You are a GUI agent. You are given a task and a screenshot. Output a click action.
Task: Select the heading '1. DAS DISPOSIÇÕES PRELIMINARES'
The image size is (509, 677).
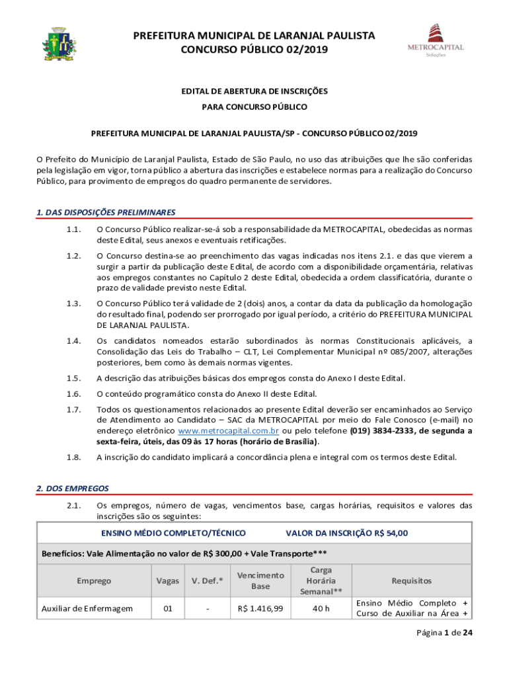[x=105, y=212]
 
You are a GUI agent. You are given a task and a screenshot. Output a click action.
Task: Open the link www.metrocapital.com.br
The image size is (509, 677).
[x=217, y=431]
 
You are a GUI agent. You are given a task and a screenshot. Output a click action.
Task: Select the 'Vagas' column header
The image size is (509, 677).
[x=167, y=580]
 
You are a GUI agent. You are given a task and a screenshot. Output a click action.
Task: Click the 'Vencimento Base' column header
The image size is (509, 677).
[x=260, y=580]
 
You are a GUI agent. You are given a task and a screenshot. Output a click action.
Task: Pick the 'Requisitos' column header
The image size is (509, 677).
[x=411, y=580]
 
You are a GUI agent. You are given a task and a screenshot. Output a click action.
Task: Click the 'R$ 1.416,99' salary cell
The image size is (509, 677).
[x=260, y=608]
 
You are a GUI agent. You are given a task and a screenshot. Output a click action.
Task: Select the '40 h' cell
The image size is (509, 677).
[x=321, y=608]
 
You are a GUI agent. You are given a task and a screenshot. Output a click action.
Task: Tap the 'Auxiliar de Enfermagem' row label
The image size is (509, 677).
[x=87, y=608]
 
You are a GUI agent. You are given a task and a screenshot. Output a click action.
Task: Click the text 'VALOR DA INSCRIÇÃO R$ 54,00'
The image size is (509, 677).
[x=346, y=533]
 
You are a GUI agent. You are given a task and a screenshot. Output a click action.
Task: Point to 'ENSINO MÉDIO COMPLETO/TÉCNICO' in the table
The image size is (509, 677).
[x=173, y=533]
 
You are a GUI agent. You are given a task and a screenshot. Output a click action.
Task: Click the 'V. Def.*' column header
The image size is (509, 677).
[x=207, y=580]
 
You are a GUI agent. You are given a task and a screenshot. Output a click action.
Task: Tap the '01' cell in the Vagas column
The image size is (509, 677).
[x=167, y=608]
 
